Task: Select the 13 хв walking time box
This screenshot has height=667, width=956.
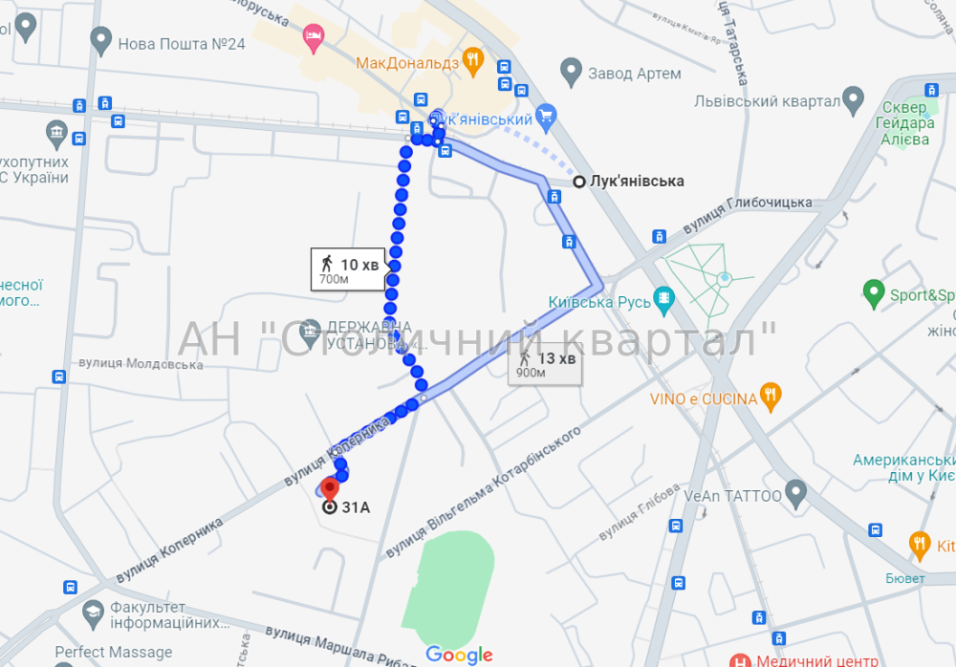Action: click(545, 364)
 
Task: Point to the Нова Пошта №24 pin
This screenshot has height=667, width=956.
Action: click(100, 40)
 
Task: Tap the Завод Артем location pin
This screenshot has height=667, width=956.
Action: click(571, 70)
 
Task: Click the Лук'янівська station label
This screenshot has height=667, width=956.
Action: click(637, 181)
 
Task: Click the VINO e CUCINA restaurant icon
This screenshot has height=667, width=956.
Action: click(771, 396)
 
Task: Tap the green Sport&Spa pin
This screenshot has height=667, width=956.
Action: click(873, 292)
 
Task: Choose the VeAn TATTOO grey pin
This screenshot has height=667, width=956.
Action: click(796, 494)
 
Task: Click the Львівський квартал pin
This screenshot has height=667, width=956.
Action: click(853, 100)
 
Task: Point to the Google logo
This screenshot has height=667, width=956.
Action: click(459, 655)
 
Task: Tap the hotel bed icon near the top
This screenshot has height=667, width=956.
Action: click(313, 37)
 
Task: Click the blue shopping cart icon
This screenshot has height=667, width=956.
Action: click(546, 118)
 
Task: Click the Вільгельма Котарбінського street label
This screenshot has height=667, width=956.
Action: click(485, 493)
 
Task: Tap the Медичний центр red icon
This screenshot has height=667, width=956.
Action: click(740, 660)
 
